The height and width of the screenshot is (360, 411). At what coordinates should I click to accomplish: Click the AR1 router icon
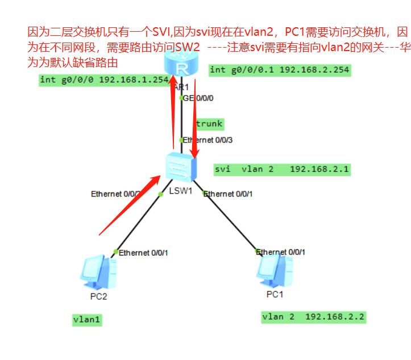[x=182, y=66]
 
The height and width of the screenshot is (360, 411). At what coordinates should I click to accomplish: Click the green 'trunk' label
[x=209, y=124]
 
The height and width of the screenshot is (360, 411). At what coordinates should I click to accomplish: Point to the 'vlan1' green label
[x=87, y=320]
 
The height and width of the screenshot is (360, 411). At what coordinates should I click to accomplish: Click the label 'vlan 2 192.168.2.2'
[x=313, y=317]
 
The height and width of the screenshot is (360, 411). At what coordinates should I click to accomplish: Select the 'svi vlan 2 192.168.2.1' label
[x=282, y=169]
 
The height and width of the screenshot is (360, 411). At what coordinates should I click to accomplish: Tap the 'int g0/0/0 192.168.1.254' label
[x=105, y=79]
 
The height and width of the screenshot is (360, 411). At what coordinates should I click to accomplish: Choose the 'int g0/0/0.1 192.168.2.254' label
[x=280, y=70]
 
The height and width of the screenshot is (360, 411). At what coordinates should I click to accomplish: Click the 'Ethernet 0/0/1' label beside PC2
[x=142, y=252]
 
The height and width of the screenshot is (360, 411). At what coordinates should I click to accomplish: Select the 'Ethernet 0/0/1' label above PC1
[x=281, y=252]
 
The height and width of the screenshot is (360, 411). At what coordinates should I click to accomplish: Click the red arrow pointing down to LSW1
[x=194, y=119]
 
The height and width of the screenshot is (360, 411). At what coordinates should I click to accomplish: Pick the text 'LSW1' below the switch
[x=181, y=190]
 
